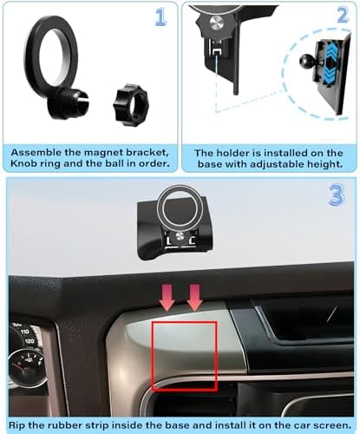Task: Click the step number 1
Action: [x=160, y=16]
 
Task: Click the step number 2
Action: [x=343, y=15]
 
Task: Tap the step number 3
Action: [x=337, y=195]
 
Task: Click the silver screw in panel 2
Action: [x=217, y=23]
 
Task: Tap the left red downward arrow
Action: [x=167, y=298]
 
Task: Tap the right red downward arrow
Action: [x=194, y=298]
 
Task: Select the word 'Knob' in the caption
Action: [x=23, y=163]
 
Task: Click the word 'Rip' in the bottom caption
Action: [x=16, y=425]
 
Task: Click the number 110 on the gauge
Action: [x=25, y=332]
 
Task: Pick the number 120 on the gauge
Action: [x=29, y=341]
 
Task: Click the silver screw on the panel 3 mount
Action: [x=180, y=236]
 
